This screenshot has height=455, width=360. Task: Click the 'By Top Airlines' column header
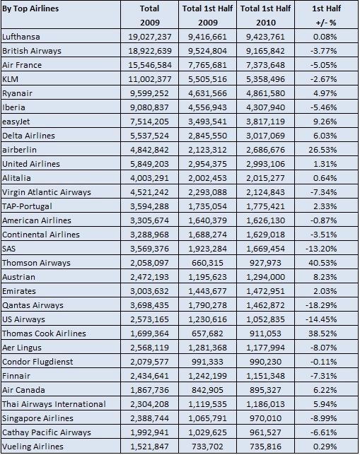coord(30,8)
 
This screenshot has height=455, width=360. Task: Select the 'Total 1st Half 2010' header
coord(265,16)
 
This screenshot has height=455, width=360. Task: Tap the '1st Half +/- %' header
coord(326,16)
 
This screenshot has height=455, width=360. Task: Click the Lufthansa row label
coord(21,37)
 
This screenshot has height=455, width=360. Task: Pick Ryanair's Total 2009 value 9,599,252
coord(150,93)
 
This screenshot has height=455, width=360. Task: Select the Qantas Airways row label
coord(33,305)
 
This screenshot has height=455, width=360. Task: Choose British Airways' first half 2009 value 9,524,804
coord(207,51)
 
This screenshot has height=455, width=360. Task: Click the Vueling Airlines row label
coord(33,447)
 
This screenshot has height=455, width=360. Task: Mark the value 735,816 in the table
coord(265,447)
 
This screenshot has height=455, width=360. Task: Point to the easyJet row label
coord(16,122)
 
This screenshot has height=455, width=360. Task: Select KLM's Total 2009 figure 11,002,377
coord(150,79)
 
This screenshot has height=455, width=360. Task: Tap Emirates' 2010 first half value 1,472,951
coord(265,291)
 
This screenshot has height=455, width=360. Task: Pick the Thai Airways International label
coord(54,404)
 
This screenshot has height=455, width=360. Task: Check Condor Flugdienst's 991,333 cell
coord(207,362)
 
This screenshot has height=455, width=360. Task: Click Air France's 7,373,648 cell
coord(265,65)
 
